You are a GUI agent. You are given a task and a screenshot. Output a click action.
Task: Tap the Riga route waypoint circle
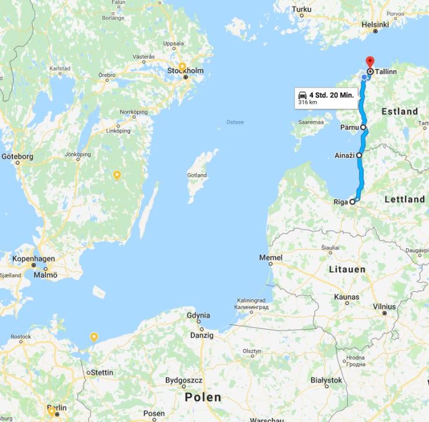[353, 202]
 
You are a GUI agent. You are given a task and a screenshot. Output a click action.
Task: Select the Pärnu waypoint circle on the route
[363, 127]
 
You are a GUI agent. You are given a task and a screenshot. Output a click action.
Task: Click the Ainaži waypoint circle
[359, 155]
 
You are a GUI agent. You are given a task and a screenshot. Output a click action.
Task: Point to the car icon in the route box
[302, 95]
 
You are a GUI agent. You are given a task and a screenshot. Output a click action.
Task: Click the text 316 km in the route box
[308, 102]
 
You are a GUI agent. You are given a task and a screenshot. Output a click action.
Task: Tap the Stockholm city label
[186, 71]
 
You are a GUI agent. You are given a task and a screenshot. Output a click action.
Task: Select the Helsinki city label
[375, 25]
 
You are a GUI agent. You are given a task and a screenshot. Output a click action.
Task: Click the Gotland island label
[197, 175]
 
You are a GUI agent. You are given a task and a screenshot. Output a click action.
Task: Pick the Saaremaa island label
[311, 122]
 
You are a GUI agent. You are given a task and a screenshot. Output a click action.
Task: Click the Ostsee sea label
[235, 122]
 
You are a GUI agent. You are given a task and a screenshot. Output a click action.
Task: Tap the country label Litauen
[348, 269]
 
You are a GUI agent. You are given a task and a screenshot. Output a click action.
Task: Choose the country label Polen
[203, 397]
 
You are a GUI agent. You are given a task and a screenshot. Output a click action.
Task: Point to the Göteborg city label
[18, 157]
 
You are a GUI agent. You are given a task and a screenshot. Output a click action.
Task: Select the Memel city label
[271, 258]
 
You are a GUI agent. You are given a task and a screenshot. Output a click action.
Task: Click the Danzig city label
[202, 335]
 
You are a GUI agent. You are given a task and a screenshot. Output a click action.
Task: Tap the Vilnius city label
[384, 306]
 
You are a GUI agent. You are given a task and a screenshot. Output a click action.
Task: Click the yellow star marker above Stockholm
[182, 66]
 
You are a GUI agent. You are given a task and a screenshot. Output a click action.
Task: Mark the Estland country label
[400, 111]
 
